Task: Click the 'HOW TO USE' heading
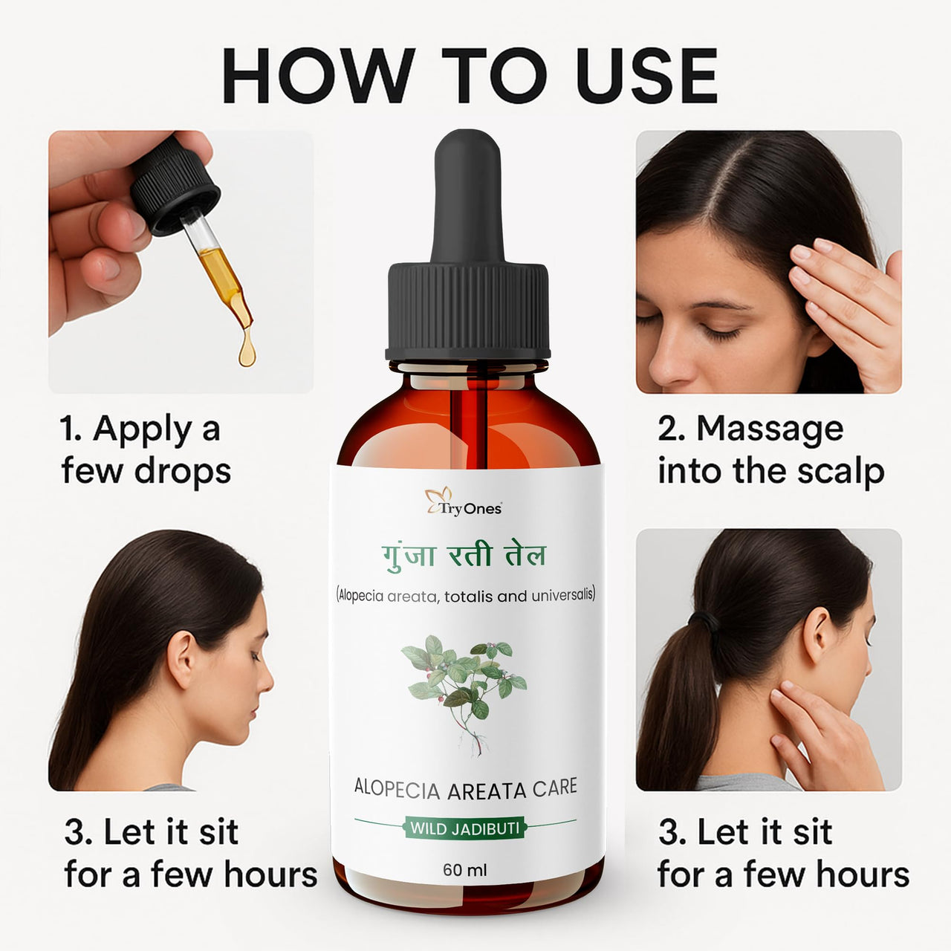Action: tap(470, 76)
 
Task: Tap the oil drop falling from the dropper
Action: tap(247, 351)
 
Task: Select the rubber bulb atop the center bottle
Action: tap(468, 197)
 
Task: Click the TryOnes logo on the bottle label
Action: tap(464, 502)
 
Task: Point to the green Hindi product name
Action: tap(464, 556)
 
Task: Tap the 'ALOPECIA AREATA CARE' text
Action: tap(465, 788)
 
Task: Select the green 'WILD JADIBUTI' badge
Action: tap(465, 828)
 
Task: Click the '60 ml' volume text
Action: tap(465, 869)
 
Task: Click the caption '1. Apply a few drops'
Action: tap(145, 450)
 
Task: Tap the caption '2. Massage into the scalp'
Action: tap(770, 450)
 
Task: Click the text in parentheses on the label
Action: tap(465, 595)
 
